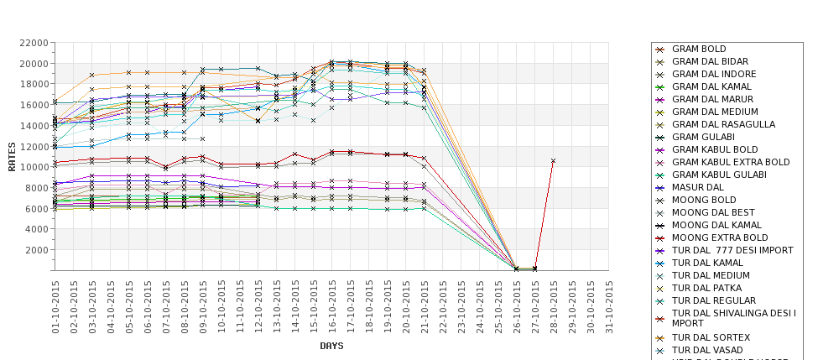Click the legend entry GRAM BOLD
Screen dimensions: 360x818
point(699,50)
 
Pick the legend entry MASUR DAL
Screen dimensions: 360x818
point(697,187)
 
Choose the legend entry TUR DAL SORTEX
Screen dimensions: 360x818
point(711,337)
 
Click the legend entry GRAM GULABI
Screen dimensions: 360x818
point(703,137)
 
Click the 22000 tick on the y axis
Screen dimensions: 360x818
point(34,43)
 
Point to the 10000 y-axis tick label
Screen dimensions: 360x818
point(34,167)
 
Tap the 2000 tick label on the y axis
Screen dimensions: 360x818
point(36,249)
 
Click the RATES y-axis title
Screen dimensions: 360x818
point(12,157)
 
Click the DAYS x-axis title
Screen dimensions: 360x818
point(331,346)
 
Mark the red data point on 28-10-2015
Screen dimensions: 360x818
point(553,160)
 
